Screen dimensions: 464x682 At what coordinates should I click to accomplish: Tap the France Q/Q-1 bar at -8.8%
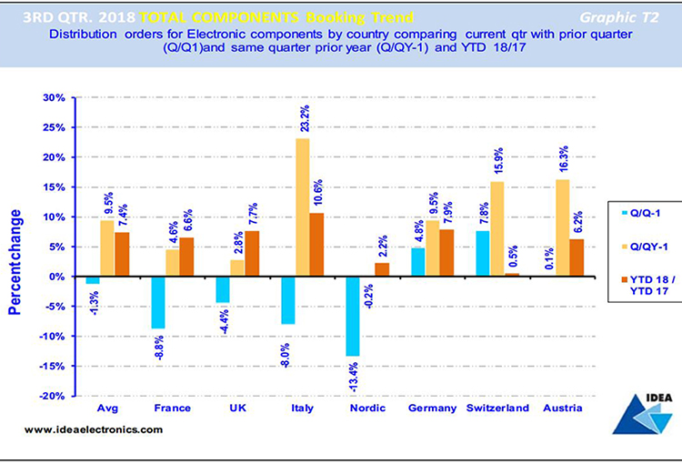pyautogui.click(x=158, y=302)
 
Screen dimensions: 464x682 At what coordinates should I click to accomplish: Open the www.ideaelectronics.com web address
pyautogui.click(x=86, y=429)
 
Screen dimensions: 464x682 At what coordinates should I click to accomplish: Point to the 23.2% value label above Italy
pyautogui.click(x=303, y=117)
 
